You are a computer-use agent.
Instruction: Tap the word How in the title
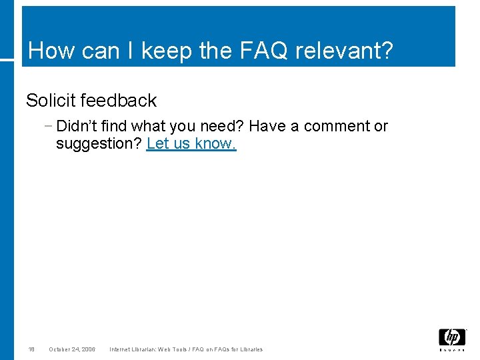49,51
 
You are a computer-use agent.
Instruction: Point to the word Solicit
50,101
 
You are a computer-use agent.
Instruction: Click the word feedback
118,101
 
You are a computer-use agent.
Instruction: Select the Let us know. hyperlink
191,144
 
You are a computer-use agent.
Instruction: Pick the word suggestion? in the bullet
99,144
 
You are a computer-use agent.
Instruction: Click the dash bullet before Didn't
51,126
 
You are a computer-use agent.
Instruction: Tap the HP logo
452,338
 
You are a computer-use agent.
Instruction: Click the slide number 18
31,349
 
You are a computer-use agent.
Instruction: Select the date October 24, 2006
72,349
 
